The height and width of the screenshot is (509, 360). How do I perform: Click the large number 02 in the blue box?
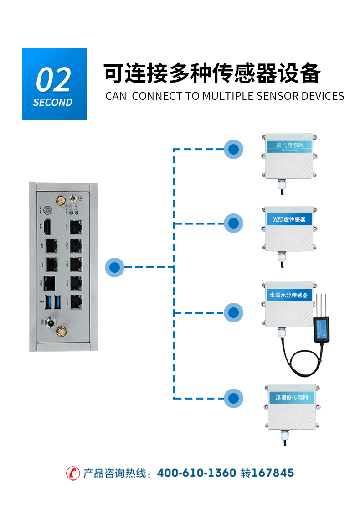point(54,80)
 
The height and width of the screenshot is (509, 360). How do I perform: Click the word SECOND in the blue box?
point(53,103)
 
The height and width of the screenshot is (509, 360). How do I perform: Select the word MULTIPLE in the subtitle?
point(228,96)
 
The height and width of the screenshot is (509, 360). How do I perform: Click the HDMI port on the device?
point(47,227)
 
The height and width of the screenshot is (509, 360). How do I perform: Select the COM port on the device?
point(49,283)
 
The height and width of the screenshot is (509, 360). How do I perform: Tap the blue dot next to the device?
point(115,267)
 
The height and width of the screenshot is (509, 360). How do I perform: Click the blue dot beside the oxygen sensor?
point(234,149)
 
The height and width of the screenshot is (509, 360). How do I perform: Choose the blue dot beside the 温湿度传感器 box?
point(234,398)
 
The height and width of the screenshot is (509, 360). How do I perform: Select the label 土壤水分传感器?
point(288,295)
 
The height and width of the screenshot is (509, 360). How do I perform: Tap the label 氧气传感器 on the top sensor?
point(289,145)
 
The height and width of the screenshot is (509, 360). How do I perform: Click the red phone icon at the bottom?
point(73,473)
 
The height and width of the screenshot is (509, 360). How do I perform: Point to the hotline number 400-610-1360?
point(196,473)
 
